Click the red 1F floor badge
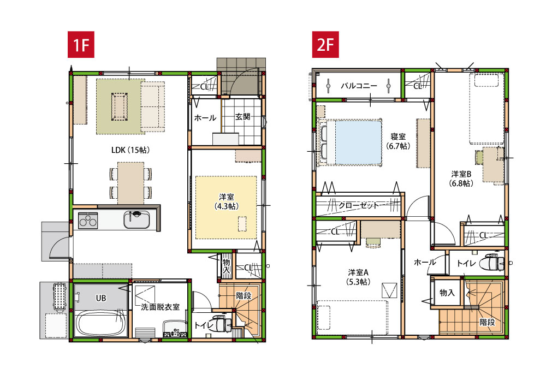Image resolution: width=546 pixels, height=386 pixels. pos(81,45)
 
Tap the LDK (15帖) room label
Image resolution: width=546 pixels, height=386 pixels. pos(130,150)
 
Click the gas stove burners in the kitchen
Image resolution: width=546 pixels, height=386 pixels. pos(87,221)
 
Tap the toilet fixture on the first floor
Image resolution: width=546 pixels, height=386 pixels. pos(223,324)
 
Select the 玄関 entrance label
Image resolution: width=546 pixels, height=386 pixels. pos(243,117)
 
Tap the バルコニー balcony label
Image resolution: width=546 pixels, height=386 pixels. pos(358,86)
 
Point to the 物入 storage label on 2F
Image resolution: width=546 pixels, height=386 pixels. pos(447,293)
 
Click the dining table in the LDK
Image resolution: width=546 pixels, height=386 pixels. pos(130,182)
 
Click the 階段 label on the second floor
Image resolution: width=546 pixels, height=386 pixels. pos(487,322)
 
